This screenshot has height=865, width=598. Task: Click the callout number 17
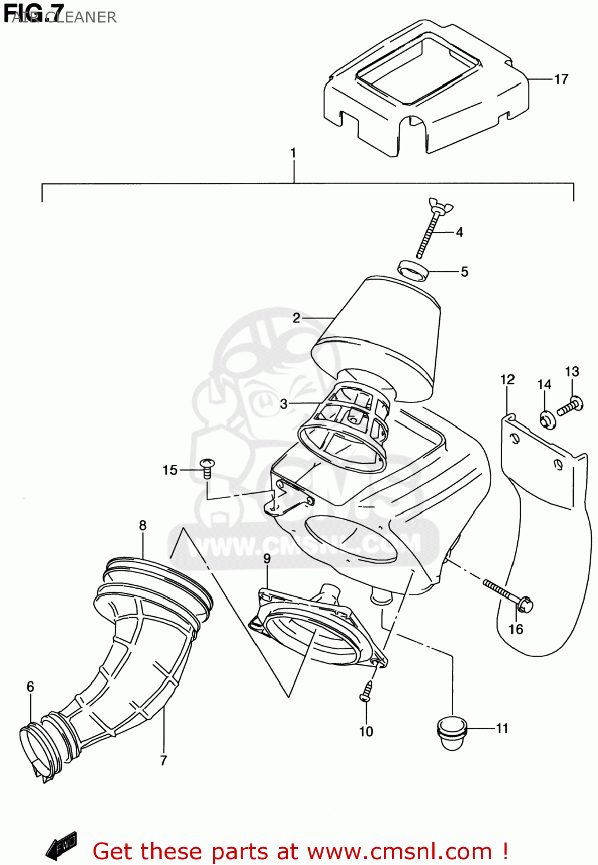(x=561, y=79)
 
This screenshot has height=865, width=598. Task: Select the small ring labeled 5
(x=412, y=270)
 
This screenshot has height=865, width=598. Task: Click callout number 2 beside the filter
(x=296, y=318)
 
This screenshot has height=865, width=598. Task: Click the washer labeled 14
(x=547, y=419)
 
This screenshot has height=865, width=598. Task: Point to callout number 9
(x=267, y=558)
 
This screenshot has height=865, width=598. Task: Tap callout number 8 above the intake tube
(x=143, y=525)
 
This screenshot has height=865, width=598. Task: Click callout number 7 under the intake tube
(x=163, y=761)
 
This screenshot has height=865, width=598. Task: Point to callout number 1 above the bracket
(x=293, y=153)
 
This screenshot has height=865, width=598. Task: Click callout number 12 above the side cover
(x=507, y=379)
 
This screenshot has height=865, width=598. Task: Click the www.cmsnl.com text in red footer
(x=399, y=851)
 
